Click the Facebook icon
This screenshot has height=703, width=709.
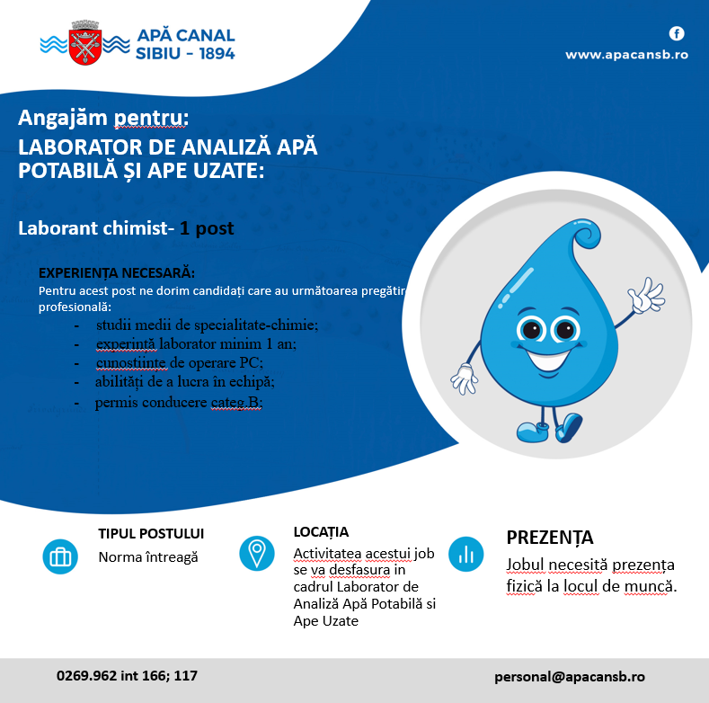(677, 34)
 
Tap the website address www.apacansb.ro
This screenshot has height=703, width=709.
(626, 55)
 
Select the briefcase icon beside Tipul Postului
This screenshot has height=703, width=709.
(60, 556)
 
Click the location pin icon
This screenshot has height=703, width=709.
(257, 552)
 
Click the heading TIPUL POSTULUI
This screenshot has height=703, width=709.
(151, 534)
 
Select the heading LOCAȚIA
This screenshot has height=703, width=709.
(321, 532)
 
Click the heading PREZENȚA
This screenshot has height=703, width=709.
(550, 538)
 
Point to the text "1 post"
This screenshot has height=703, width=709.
(207, 228)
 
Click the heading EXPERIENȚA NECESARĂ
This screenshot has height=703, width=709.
(117, 273)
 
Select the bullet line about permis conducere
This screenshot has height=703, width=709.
(178, 402)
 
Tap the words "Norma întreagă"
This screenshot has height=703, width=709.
(148, 557)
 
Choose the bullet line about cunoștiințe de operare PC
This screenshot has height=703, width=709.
(179, 362)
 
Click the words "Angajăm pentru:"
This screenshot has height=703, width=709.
(103, 118)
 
